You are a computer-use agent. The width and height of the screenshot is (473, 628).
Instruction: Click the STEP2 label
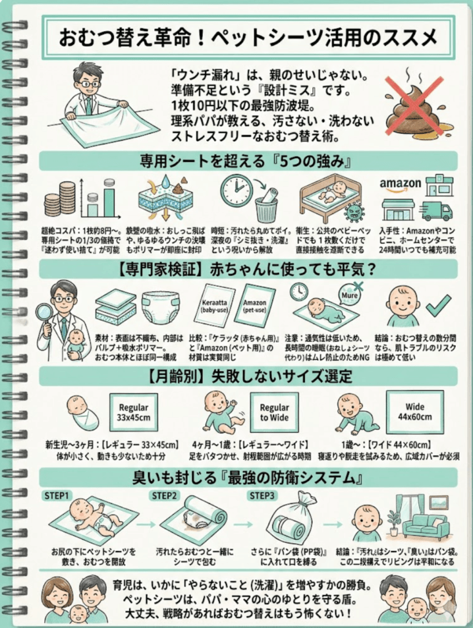(x=163, y=495)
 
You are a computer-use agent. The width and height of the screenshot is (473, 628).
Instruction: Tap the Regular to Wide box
(x=274, y=412)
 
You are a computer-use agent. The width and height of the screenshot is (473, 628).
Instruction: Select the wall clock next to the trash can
(x=236, y=191)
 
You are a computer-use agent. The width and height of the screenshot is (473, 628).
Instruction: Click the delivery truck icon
(x=437, y=210)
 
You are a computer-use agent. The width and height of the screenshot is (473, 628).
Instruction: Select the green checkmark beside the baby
(x=438, y=305)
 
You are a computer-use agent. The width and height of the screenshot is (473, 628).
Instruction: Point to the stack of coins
(x=60, y=199)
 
